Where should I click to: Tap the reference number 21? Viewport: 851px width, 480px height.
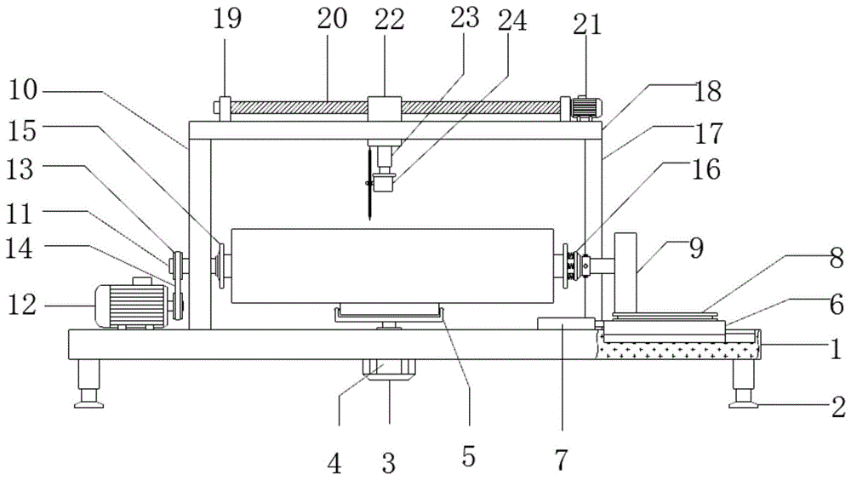pos(587,24)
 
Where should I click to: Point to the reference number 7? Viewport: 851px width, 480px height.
pos(561,460)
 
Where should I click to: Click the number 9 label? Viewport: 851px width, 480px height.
pos(696,249)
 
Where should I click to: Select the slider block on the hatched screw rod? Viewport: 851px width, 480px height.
pos(384,110)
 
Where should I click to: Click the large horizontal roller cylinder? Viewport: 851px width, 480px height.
pos(391,265)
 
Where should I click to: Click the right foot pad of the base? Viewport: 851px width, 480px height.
pos(744,403)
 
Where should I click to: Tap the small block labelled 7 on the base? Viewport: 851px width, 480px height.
pos(565,324)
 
